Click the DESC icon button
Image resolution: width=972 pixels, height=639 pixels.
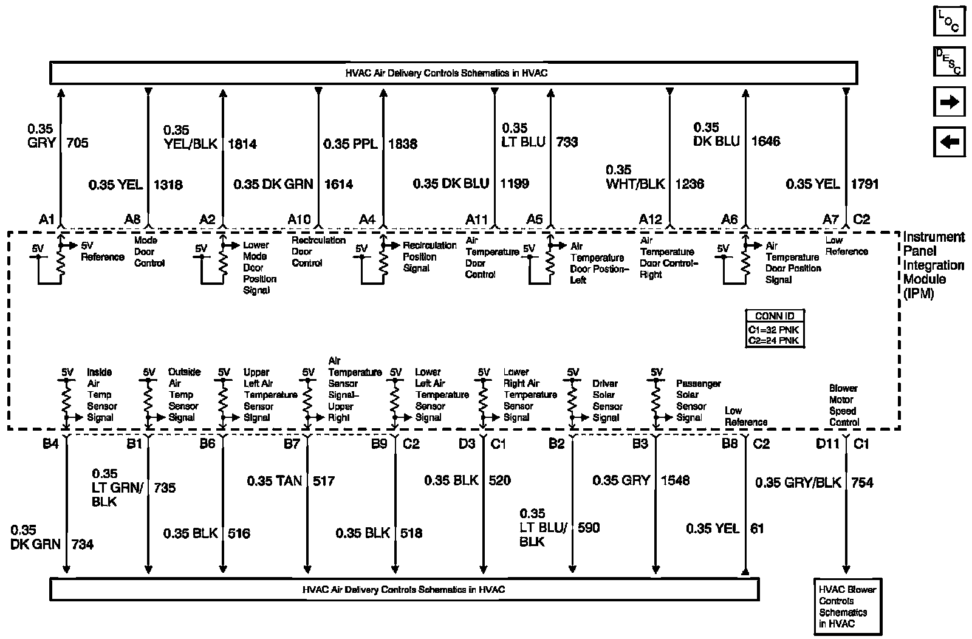click(949, 61)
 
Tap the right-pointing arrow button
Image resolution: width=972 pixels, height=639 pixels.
click(949, 102)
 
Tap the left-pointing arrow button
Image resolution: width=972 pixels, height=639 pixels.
click(949, 143)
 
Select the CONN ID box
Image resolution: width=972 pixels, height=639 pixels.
click(775, 329)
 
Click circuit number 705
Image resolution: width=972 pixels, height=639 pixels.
click(77, 143)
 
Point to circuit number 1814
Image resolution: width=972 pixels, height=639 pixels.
click(242, 144)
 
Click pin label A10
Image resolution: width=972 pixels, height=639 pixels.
click(299, 219)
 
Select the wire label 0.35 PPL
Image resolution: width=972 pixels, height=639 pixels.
click(351, 144)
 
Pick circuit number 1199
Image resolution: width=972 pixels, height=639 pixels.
click(515, 183)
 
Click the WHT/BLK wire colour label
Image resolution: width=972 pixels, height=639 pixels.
click(635, 183)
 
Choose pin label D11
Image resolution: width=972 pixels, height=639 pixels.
click(827, 444)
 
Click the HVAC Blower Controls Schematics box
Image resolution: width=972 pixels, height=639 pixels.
click(847, 606)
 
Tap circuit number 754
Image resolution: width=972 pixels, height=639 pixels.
click(863, 482)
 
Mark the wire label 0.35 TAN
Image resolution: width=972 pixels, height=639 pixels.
click(274, 481)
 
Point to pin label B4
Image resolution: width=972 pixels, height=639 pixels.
click(50, 444)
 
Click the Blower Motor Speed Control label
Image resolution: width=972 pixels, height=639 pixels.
click(844, 405)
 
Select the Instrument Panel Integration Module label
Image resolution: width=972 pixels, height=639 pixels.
click(933, 265)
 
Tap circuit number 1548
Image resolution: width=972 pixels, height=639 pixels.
click(675, 480)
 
